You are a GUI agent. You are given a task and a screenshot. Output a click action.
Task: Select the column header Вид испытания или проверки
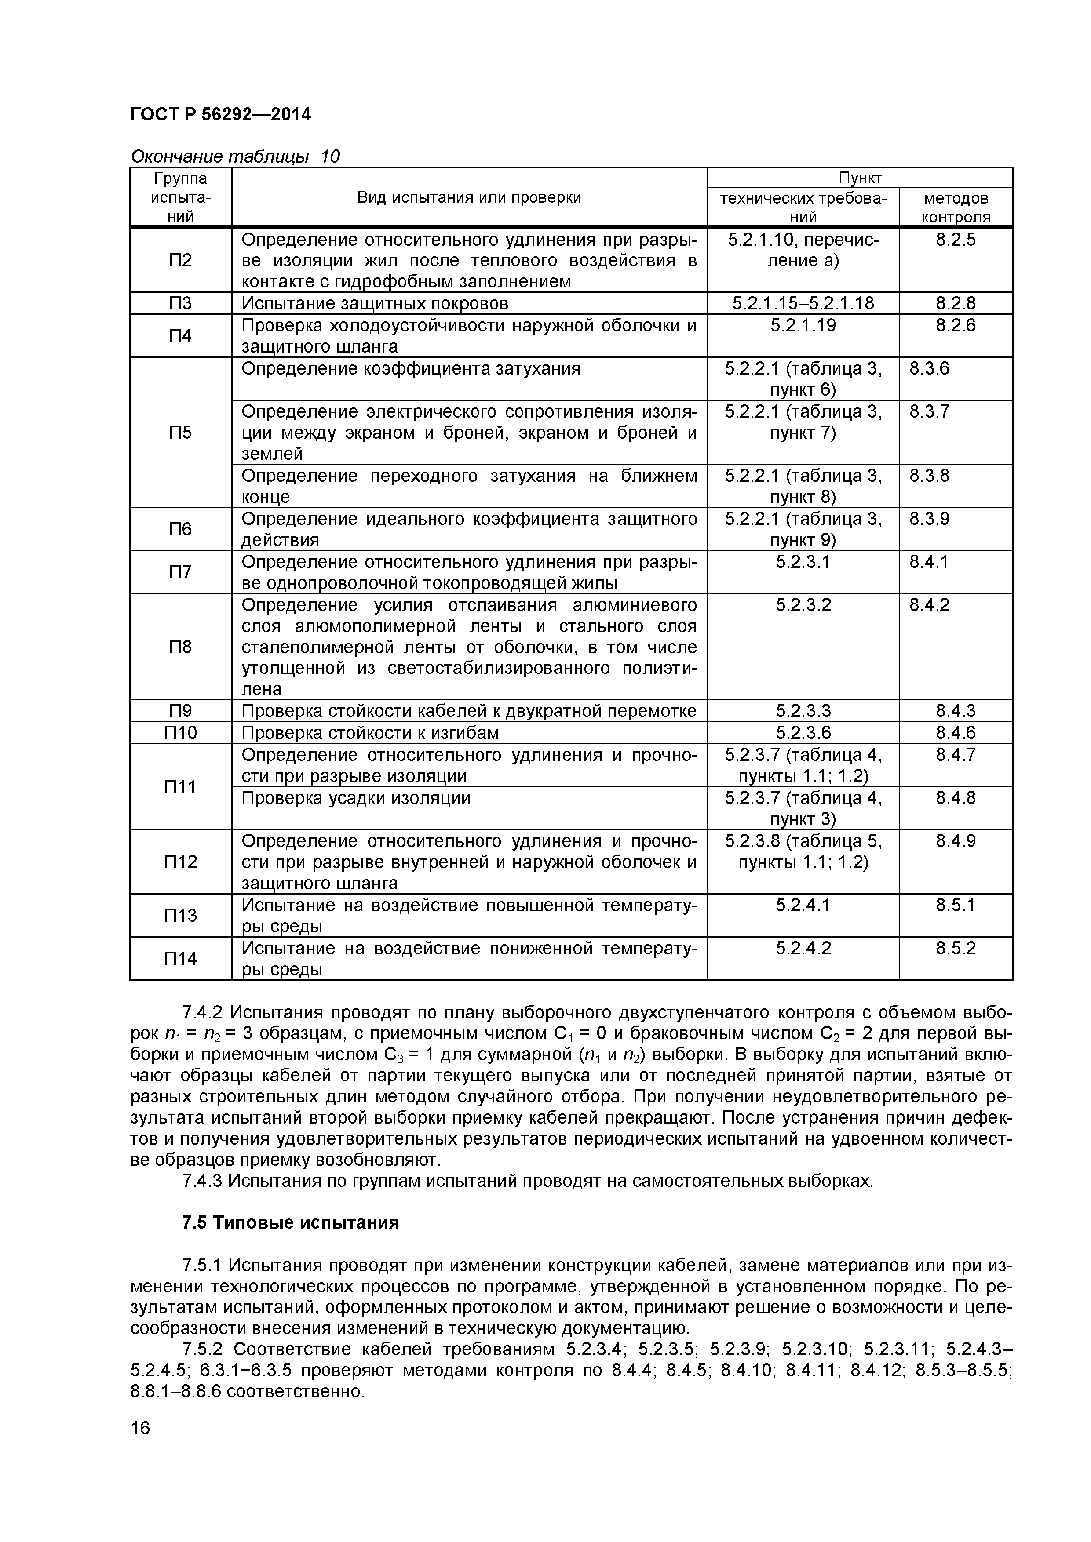pos(469,197)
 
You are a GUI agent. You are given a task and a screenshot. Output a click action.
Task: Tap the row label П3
pos(180,304)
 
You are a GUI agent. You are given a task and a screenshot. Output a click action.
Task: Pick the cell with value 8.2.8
pos(955,304)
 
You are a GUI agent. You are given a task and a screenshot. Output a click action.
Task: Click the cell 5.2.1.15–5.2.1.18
pos(803,304)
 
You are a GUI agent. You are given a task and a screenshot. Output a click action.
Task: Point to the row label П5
pos(180,433)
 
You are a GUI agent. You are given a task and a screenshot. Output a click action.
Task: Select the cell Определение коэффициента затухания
pos(410,369)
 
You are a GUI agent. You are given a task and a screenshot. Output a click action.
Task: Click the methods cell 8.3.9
pos(929,519)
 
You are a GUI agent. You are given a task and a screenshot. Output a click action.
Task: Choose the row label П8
pos(180,647)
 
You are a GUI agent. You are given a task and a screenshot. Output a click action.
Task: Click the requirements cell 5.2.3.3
pos(803,711)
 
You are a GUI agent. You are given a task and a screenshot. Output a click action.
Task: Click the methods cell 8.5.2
pos(955,949)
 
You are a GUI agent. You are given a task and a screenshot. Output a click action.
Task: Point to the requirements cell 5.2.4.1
pos(803,906)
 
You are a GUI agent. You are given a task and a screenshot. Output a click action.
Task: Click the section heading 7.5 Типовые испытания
pos(290,1223)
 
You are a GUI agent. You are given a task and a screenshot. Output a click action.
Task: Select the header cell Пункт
pos(859,178)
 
